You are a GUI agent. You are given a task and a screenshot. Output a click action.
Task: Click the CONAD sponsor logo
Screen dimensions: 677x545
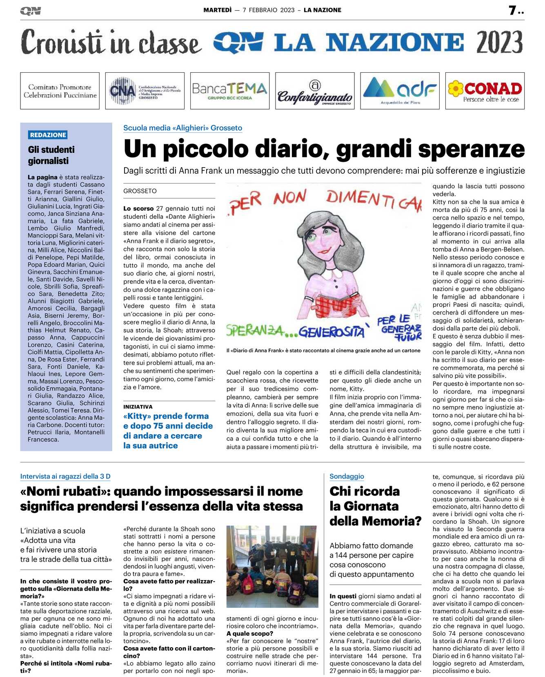point(485,91)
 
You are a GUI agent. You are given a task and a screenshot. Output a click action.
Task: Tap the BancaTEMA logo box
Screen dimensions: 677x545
point(229,91)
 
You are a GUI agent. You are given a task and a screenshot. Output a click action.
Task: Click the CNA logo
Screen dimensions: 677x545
point(145,91)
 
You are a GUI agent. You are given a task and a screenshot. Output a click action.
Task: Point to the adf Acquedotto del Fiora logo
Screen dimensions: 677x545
point(400,91)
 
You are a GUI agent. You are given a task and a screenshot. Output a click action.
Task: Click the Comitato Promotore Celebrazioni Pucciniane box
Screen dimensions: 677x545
point(60,91)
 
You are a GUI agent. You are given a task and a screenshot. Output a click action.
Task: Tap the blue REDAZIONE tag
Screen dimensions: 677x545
point(48,135)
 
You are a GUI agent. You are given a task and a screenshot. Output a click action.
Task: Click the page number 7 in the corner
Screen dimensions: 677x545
point(513,11)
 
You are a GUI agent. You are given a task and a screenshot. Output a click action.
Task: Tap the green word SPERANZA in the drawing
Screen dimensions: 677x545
point(255,330)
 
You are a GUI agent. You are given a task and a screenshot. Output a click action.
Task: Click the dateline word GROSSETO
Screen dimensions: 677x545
point(140,191)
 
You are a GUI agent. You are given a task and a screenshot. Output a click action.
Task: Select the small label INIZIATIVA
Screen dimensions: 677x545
point(138,407)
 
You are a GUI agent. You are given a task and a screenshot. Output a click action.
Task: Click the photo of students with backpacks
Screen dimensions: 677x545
point(272,566)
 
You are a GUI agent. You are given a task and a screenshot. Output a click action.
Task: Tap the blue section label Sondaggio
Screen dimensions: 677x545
point(347,476)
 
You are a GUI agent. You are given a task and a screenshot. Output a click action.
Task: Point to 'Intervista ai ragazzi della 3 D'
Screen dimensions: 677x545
point(65,476)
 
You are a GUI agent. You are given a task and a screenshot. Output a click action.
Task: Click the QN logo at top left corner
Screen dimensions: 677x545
point(31,11)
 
